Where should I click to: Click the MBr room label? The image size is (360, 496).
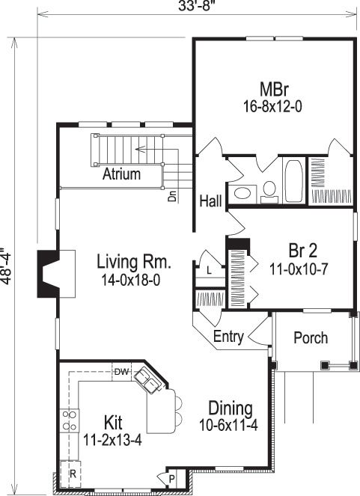click(273, 88)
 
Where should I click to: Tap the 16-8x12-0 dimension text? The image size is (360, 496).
click(273, 107)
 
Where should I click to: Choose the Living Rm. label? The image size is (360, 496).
click(134, 263)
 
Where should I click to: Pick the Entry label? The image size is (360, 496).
click(228, 337)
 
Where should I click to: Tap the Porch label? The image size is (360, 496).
click(310, 338)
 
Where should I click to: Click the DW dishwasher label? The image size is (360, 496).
click(123, 370)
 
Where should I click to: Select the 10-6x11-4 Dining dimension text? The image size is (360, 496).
click(231, 426)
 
